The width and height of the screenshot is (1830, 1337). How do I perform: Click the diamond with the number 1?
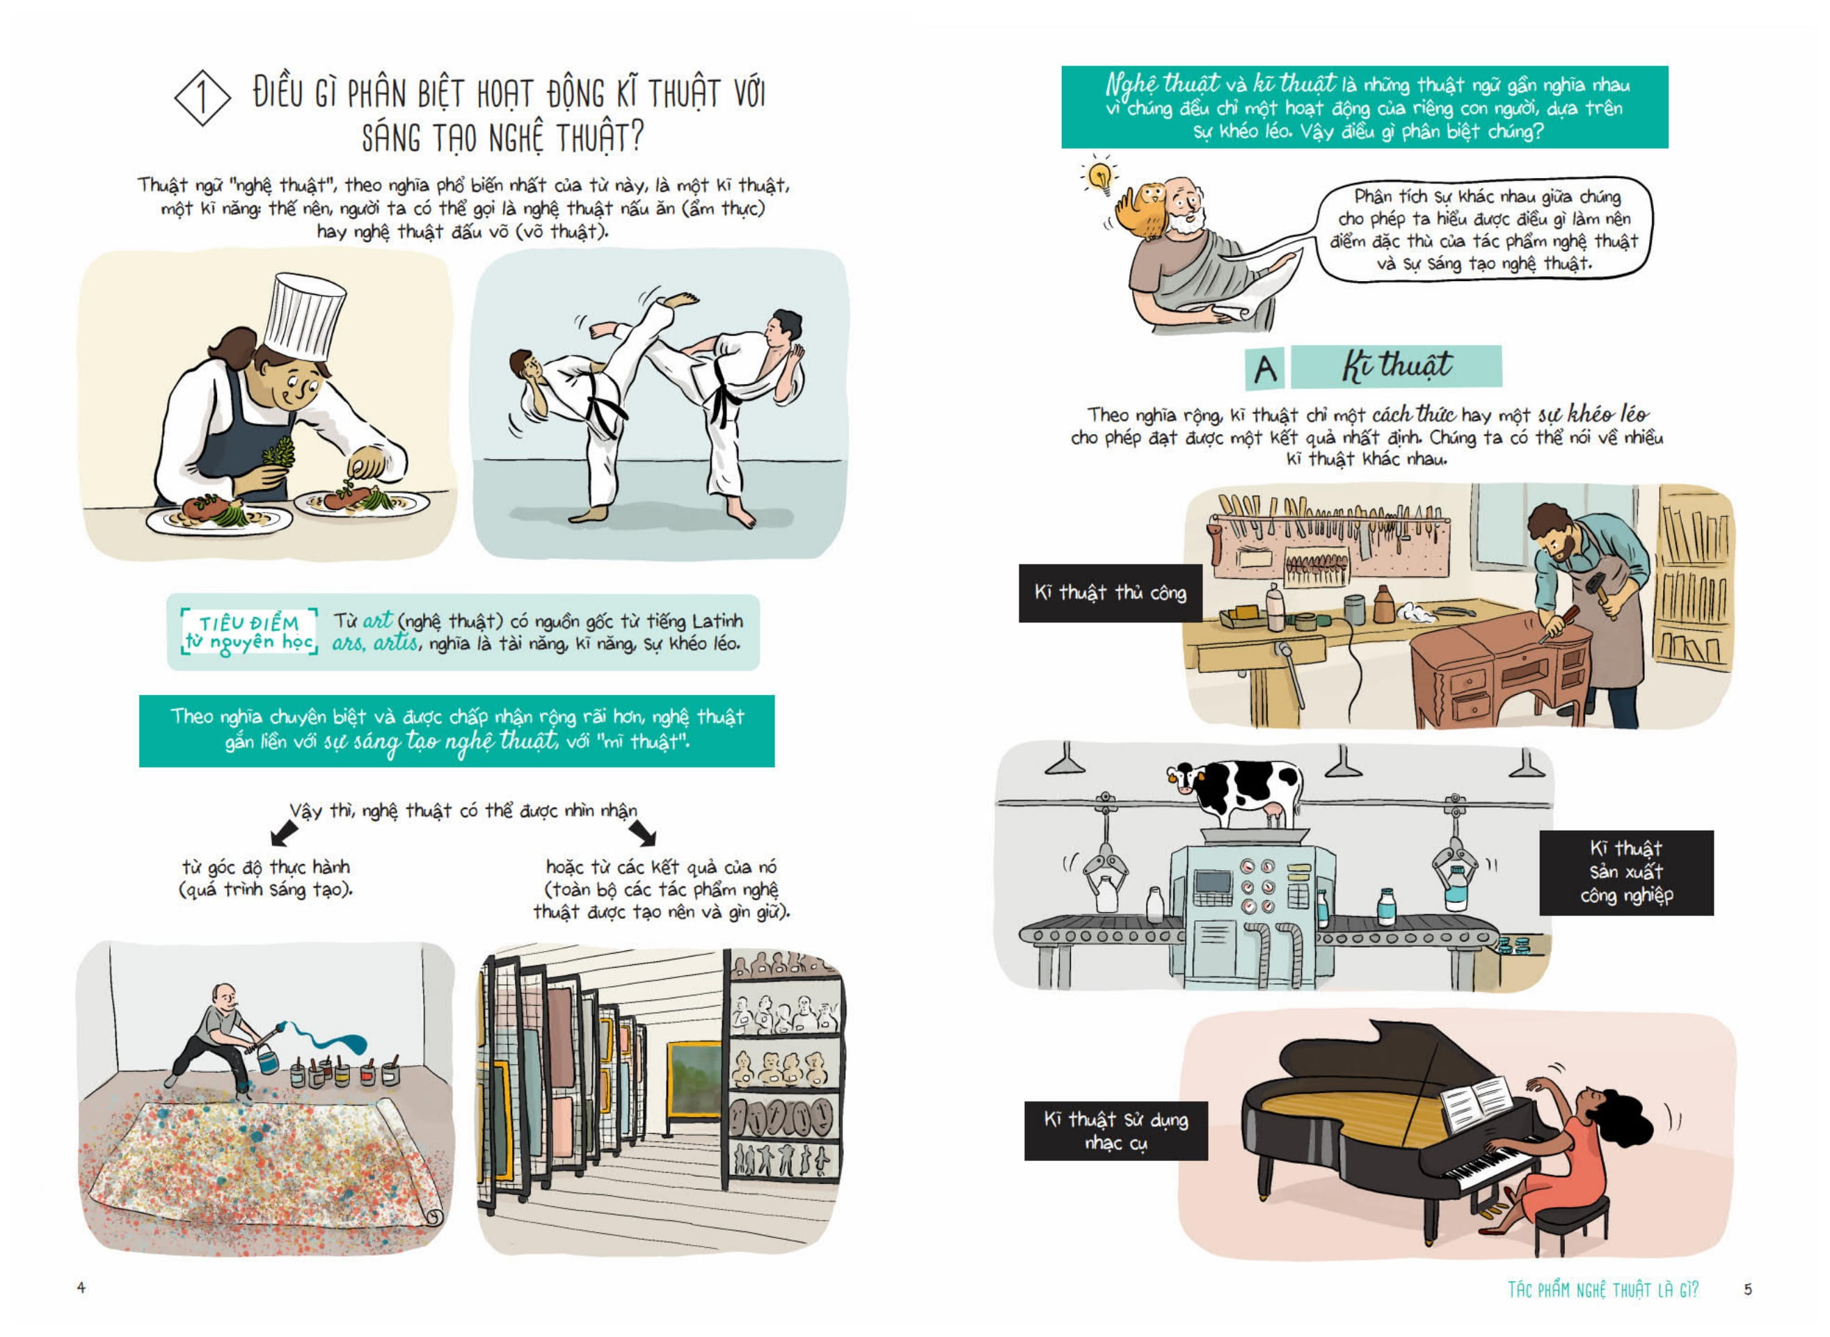coord(202,98)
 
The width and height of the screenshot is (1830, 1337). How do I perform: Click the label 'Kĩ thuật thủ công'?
coord(1110,593)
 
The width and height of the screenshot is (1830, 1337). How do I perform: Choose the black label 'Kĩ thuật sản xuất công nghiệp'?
coord(1626,872)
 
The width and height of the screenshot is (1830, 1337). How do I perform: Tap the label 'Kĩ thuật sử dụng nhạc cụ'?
coord(1116,1130)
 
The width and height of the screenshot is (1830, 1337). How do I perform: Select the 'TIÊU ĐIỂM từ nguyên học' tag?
coord(249,632)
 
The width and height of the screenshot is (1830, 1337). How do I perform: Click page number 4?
coord(81,1287)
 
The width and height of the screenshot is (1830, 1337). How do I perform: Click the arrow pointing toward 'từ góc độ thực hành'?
coord(283,831)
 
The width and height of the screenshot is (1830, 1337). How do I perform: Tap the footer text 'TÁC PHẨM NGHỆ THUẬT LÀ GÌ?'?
coord(1602,1289)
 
